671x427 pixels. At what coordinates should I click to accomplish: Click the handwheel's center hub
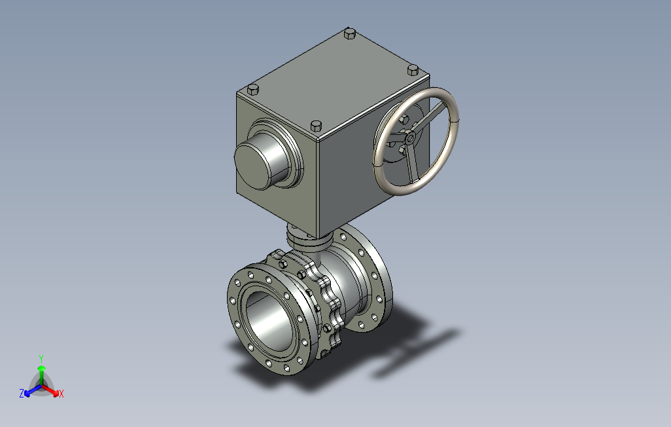[410, 138]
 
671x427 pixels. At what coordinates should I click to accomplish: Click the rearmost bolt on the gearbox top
[350, 33]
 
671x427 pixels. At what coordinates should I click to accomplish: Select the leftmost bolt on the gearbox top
[253, 90]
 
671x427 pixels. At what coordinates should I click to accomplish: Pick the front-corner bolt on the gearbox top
[316, 126]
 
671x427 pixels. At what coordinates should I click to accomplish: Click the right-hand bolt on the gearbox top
[413, 70]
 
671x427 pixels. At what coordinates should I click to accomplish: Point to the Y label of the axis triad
[41, 358]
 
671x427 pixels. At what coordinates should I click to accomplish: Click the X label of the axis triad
[61, 394]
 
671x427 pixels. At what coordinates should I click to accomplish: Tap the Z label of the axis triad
[22, 393]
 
